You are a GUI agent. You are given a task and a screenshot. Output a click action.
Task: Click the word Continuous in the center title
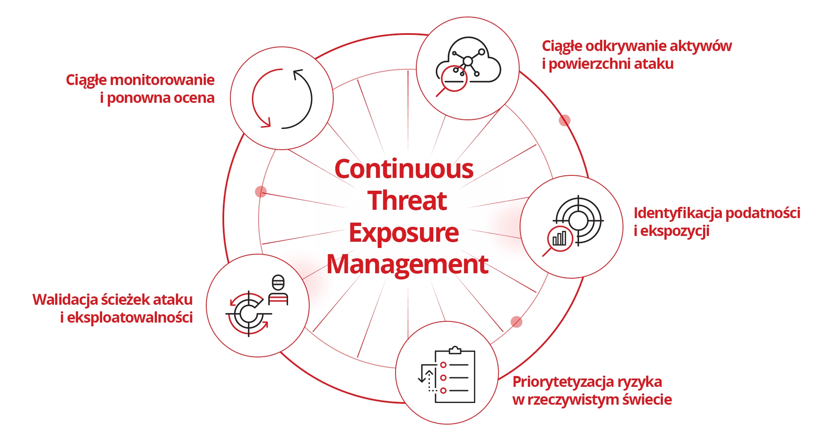click(404, 169)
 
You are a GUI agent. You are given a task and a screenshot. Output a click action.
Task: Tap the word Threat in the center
click(407, 201)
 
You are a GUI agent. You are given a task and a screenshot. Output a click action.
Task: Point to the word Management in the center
click(407, 264)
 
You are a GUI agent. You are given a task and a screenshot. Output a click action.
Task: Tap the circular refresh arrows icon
click(282, 99)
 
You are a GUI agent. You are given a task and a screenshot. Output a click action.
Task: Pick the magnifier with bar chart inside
click(560, 239)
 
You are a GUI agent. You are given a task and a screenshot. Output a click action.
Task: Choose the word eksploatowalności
click(129, 318)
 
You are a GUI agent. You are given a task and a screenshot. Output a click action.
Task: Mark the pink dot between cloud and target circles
click(564, 120)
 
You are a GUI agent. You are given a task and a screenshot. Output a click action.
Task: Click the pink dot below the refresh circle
click(261, 192)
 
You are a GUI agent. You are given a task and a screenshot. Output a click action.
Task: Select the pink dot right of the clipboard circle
click(516, 322)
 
